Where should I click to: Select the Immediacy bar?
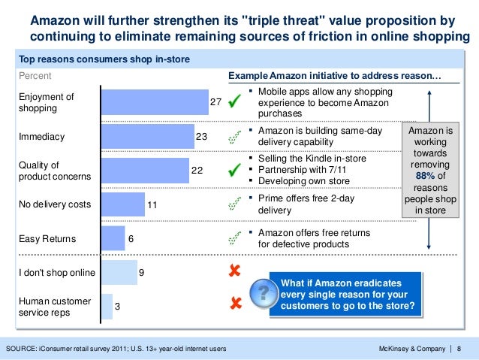(147, 137)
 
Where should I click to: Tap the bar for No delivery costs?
(122, 204)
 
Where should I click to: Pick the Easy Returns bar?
(113, 239)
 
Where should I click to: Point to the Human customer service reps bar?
(106, 307)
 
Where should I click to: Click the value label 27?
(215, 102)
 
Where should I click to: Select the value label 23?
(201, 137)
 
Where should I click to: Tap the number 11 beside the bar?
(152, 204)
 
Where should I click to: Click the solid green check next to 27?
(234, 101)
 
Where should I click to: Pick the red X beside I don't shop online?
(234, 271)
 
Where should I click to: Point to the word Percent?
(35, 76)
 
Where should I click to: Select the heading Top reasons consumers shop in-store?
(104, 59)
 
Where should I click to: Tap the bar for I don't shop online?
(119, 272)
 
